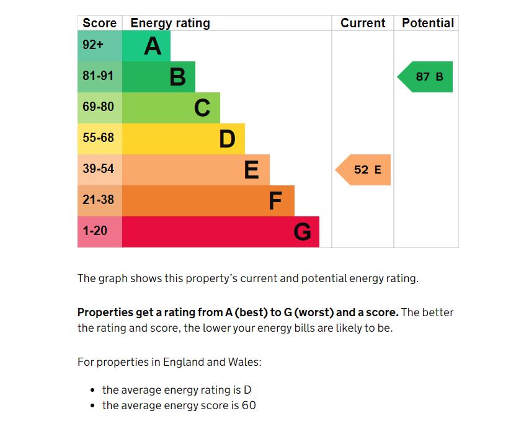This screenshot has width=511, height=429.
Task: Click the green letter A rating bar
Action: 146,46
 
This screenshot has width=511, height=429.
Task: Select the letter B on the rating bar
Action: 177,77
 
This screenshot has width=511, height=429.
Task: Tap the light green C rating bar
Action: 171,108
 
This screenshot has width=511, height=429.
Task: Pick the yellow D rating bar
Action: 183,139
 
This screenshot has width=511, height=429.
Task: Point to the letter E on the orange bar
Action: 251,170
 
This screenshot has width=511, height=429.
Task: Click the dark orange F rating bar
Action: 208,201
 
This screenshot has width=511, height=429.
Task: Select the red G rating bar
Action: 220,232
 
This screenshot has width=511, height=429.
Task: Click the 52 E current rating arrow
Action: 365,170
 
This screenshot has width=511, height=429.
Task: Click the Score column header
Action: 99,23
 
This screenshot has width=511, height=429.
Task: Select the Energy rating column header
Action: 170,23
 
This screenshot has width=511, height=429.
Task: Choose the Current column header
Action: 363,23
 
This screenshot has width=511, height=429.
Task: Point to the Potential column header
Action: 428,23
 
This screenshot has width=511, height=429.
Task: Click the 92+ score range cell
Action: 99,46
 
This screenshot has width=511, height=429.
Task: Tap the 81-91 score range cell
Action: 99,77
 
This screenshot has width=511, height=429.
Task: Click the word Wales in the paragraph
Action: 245,362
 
